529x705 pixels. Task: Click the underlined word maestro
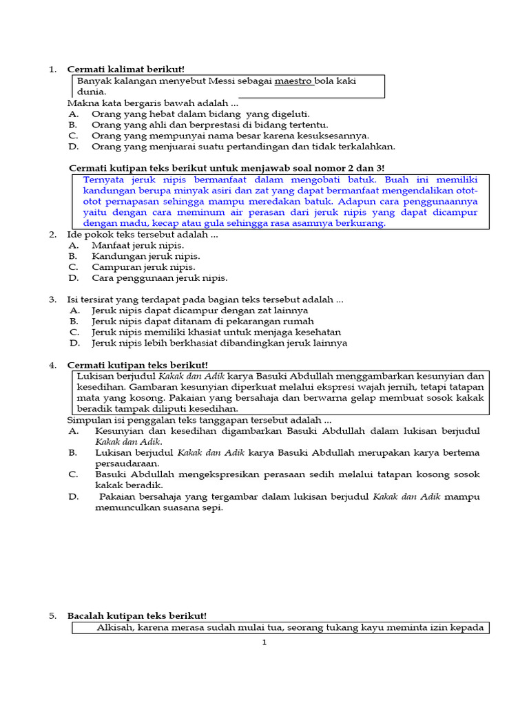[293, 81]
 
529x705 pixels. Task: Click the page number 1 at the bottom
[264, 642]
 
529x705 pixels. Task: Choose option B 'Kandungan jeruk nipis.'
[145, 256]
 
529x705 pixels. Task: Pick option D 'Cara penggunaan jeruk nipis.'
[159, 278]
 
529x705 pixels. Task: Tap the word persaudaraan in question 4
[127, 463]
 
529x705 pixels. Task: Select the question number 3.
[52, 299]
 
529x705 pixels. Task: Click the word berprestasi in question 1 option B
[198, 125]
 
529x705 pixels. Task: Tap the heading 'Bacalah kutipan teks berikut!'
[136, 616]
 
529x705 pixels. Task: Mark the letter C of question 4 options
[73, 474]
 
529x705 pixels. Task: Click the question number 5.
[52, 616]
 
